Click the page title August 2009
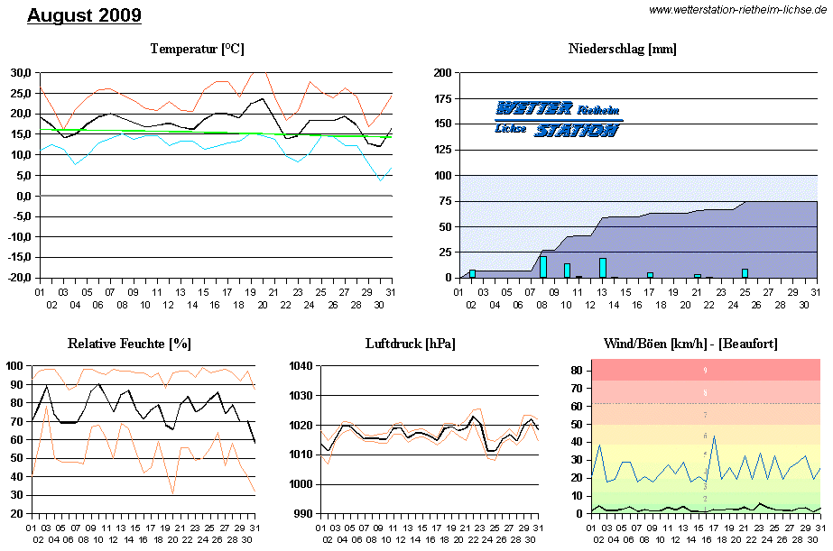coord(84,15)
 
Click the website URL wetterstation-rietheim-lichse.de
coord(738,10)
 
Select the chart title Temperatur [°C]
coord(197,49)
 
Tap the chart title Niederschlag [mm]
coord(623,49)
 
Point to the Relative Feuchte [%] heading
coord(129,344)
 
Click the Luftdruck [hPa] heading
coord(410,344)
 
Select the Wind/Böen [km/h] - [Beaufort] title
coord(690,344)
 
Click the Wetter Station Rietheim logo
coord(558,119)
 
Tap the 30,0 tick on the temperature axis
coord(21,72)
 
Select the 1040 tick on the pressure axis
coord(301,365)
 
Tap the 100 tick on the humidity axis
coord(15,365)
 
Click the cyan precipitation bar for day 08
coord(543,267)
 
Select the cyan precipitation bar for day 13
coord(603,268)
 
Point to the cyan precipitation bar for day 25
coord(745,273)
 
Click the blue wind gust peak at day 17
coord(714,438)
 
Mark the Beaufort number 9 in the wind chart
coord(706,370)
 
